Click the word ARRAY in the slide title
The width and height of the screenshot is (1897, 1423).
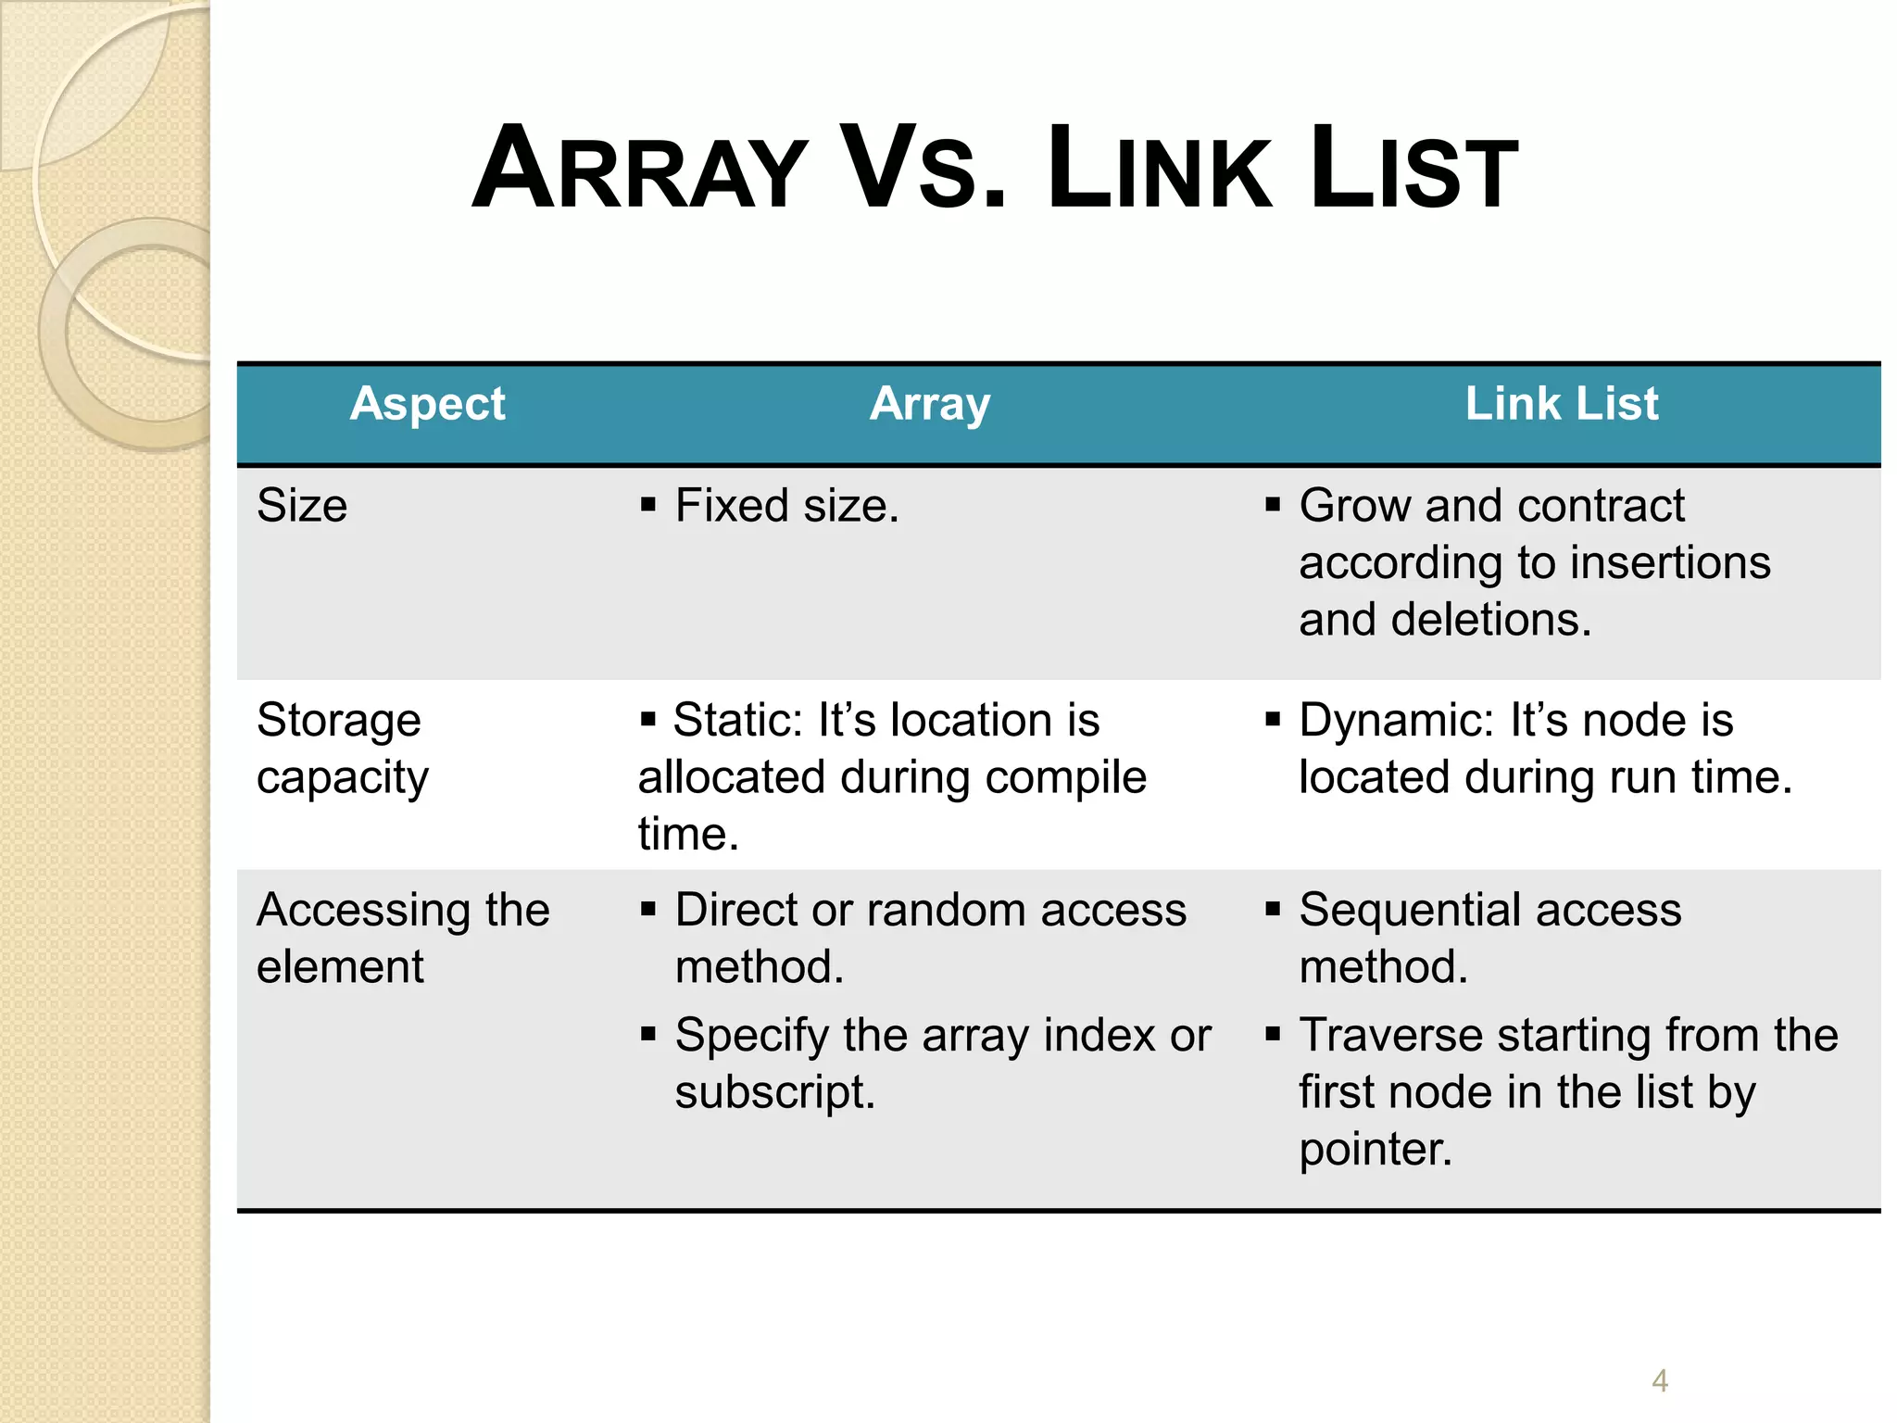pos(639,170)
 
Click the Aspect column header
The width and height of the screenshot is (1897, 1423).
pos(427,404)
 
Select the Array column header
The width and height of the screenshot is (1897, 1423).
pos(930,404)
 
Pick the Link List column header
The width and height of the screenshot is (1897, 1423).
pos(1562,404)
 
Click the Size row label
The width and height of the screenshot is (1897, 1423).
pos(302,506)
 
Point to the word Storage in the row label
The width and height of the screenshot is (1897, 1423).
pos(339,721)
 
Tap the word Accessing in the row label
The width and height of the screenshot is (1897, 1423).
pos(363,910)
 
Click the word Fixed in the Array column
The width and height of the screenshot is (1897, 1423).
pos(731,506)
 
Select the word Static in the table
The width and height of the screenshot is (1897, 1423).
pos(737,721)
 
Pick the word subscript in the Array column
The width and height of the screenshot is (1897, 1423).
pos(774,1092)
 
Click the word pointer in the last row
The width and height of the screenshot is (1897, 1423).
pos(1375,1150)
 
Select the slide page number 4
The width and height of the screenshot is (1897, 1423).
pos(1660,1381)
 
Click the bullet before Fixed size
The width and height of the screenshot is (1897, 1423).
pos(648,505)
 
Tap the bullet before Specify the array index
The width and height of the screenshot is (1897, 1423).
pos(648,1034)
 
